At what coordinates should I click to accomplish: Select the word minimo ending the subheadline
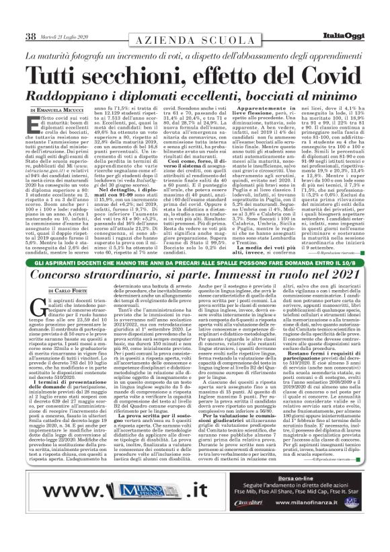tap(334, 96)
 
